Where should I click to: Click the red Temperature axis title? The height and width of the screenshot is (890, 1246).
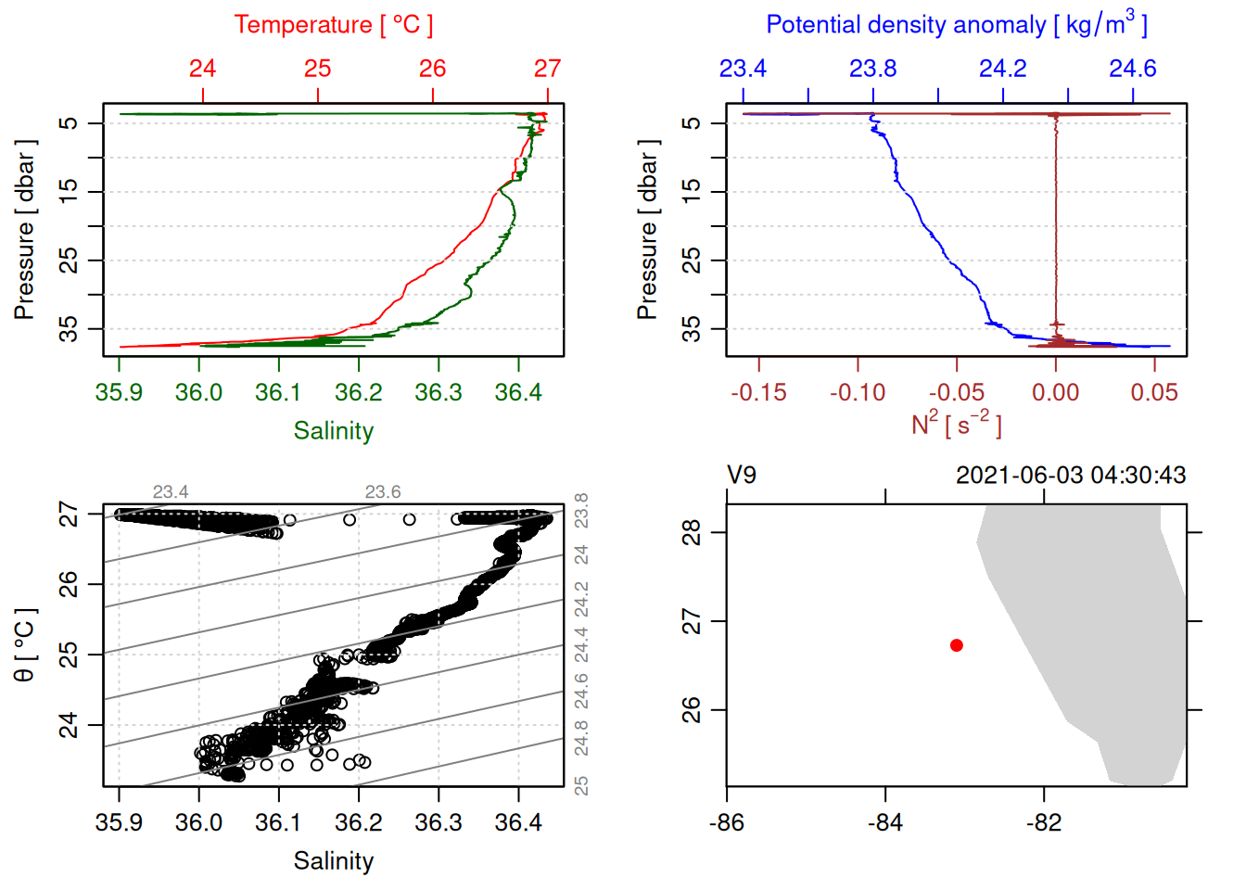[x=333, y=25]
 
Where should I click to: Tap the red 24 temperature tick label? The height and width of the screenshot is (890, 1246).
[x=202, y=69]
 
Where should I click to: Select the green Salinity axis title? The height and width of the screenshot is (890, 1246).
[x=333, y=430]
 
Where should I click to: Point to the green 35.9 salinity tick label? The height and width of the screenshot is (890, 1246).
[x=119, y=392]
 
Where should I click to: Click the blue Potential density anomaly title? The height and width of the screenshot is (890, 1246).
[x=956, y=24]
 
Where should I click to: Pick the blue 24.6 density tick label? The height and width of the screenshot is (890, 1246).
[x=1132, y=69]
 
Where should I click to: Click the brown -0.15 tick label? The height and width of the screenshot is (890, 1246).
[x=758, y=392]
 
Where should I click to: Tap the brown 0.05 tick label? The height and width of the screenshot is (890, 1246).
[x=1153, y=392]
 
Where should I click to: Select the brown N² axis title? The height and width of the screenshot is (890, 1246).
[x=956, y=424]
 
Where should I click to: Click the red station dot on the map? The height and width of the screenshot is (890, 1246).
[x=957, y=645]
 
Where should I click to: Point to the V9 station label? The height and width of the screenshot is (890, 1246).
[x=742, y=476]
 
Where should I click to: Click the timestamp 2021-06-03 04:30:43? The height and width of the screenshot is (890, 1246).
[x=1071, y=476]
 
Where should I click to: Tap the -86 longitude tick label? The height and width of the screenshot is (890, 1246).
[x=727, y=822]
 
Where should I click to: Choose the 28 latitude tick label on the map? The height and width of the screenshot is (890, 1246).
[x=692, y=532]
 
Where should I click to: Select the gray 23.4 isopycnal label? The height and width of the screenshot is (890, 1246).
[x=171, y=491]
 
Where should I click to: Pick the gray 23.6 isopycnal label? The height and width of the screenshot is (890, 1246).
[x=383, y=491]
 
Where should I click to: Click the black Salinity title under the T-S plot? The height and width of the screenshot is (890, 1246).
[x=333, y=861]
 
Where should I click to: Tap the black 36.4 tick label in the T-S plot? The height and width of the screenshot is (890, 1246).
[x=517, y=822]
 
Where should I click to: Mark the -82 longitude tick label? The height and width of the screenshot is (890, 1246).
[x=1044, y=822]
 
